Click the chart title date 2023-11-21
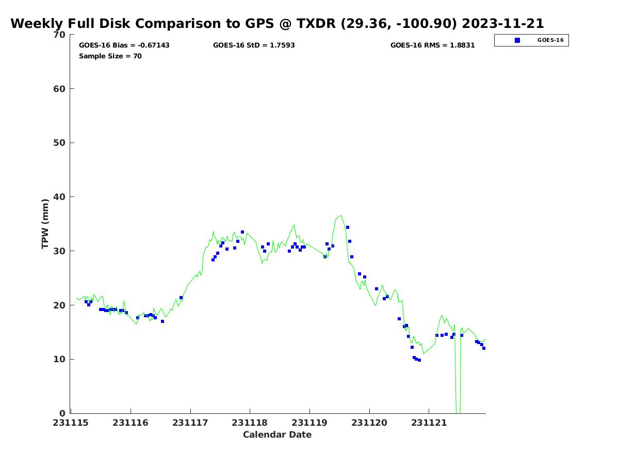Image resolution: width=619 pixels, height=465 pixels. click(x=503, y=24)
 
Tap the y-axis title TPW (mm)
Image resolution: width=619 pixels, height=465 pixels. click(x=45, y=223)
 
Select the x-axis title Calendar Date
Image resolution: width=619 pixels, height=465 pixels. click(x=277, y=435)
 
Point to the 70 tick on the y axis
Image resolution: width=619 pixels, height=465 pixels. click(x=59, y=35)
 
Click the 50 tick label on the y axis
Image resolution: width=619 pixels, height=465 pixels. click(x=59, y=143)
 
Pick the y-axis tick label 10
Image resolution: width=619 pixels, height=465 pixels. click(x=59, y=359)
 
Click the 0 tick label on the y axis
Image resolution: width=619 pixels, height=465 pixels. click(x=62, y=413)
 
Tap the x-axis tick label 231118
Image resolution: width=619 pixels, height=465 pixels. click(x=250, y=423)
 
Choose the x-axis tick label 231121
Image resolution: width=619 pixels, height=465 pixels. click(x=429, y=423)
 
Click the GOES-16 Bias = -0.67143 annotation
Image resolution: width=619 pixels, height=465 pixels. click(x=124, y=45)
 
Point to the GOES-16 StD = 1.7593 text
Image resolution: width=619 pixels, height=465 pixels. click(x=254, y=45)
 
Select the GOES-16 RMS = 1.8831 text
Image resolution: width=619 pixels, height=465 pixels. click(x=432, y=45)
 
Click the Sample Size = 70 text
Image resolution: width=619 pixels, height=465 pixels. click(x=110, y=56)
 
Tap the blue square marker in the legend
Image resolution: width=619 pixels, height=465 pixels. click(x=517, y=40)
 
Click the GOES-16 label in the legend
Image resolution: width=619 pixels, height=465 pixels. click(x=550, y=40)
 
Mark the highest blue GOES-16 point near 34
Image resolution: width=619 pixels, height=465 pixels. click(x=348, y=227)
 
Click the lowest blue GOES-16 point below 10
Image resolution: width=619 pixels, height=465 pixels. click(x=419, y=360)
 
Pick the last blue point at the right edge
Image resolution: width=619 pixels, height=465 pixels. click(x=484, y=348)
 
